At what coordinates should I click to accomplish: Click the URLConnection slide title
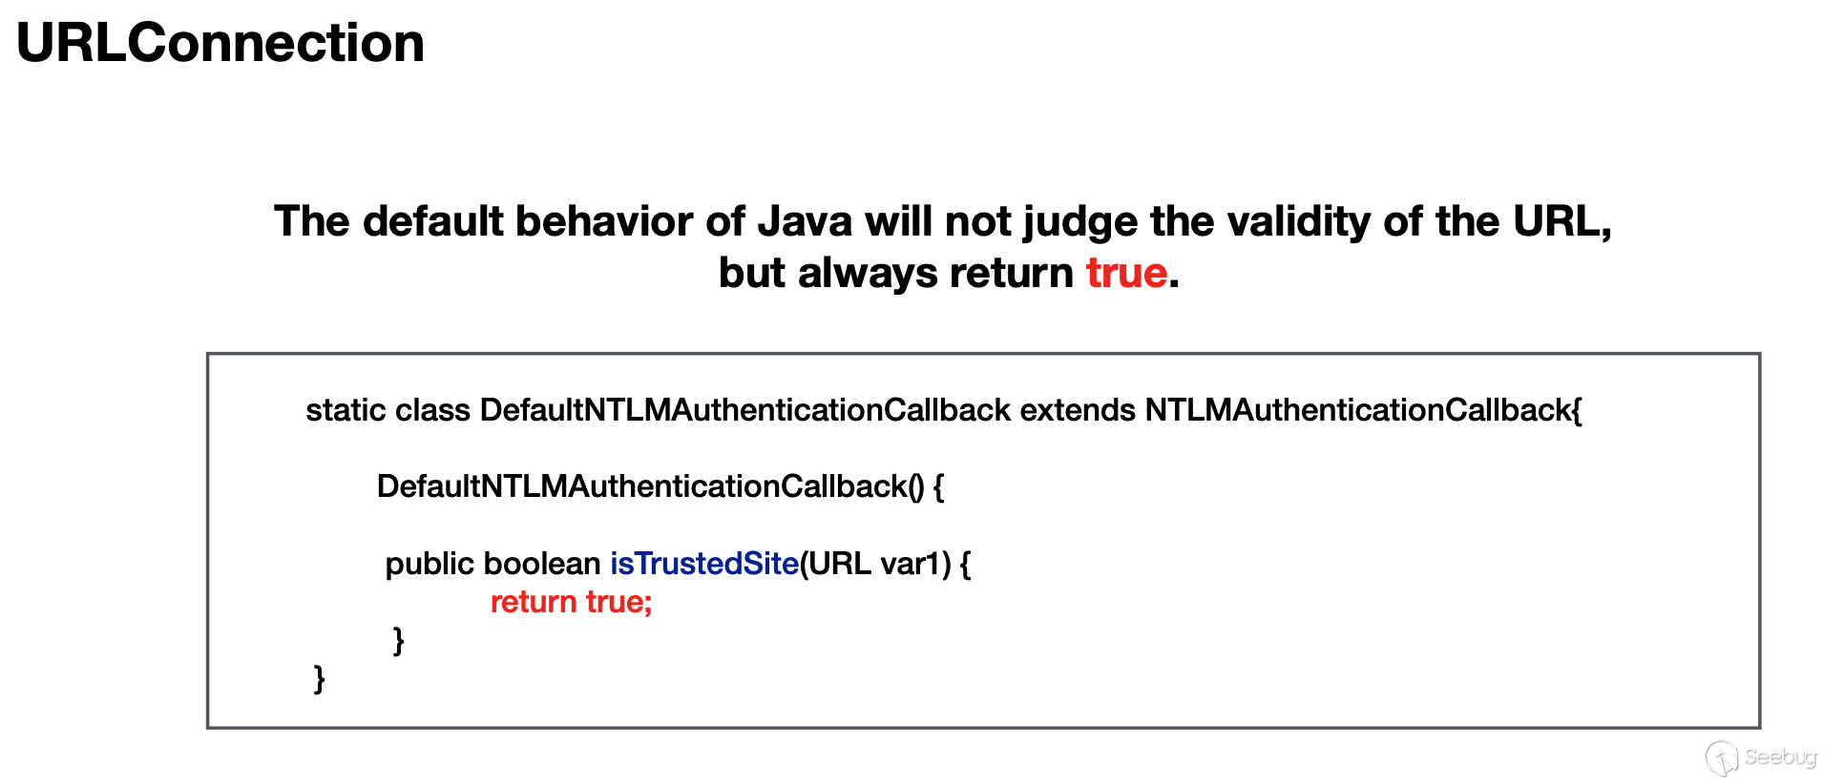pos(220,43)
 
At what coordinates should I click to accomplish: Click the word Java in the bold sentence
pos(805,221)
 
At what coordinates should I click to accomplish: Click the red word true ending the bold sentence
pos(1126,273)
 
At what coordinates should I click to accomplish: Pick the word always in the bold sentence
pos(868,275)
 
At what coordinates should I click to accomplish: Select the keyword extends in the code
pos(1078,410)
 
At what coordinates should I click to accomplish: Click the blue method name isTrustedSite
pos(704,564)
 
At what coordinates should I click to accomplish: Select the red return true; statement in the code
pos(571,602)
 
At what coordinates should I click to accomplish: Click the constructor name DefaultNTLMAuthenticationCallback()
pos(650,486)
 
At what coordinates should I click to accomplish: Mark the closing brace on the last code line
pos(320,679)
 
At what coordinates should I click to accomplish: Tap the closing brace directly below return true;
pos(399,641)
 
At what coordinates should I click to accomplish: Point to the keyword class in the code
pos(432,410)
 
